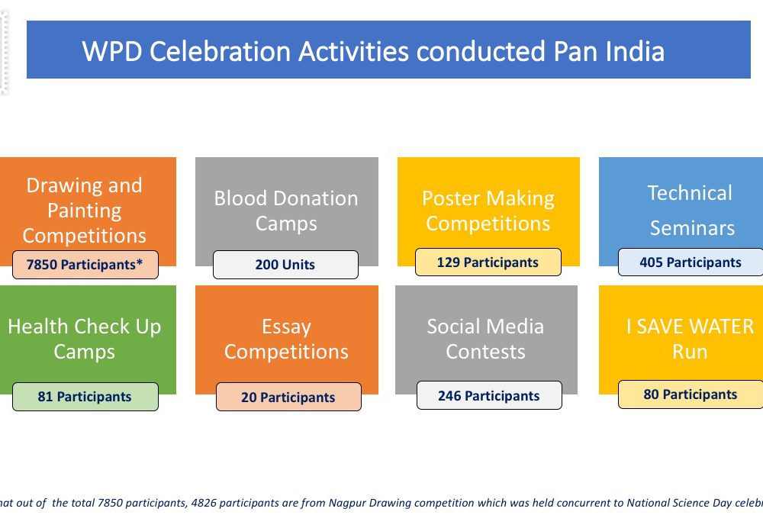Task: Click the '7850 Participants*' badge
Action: tap(85, 265)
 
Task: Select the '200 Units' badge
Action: tap(285, 265)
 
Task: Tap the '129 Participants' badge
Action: tap(488, 262)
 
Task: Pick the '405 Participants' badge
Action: tap(691, 262)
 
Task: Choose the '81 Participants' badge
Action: tap(85, 397)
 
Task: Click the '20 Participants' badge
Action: tap(288, 398)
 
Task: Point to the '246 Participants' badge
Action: tap(489, 396)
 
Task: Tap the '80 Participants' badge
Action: tap(691, 394)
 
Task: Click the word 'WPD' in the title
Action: tap(112, 52)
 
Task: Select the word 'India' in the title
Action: tap(635, 52)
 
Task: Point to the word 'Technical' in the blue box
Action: tap(690, 193)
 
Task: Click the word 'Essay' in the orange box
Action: tap(286, 327)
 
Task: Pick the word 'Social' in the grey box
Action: tap(452, 327)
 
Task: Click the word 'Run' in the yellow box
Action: tap(690, 352)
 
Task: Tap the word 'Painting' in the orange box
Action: tap(85, 211)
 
